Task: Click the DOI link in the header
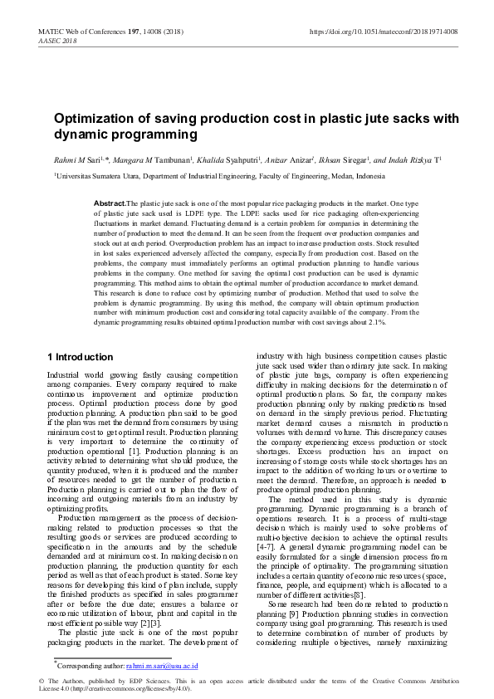click(383, 31)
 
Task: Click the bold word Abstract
click(110, 203)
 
